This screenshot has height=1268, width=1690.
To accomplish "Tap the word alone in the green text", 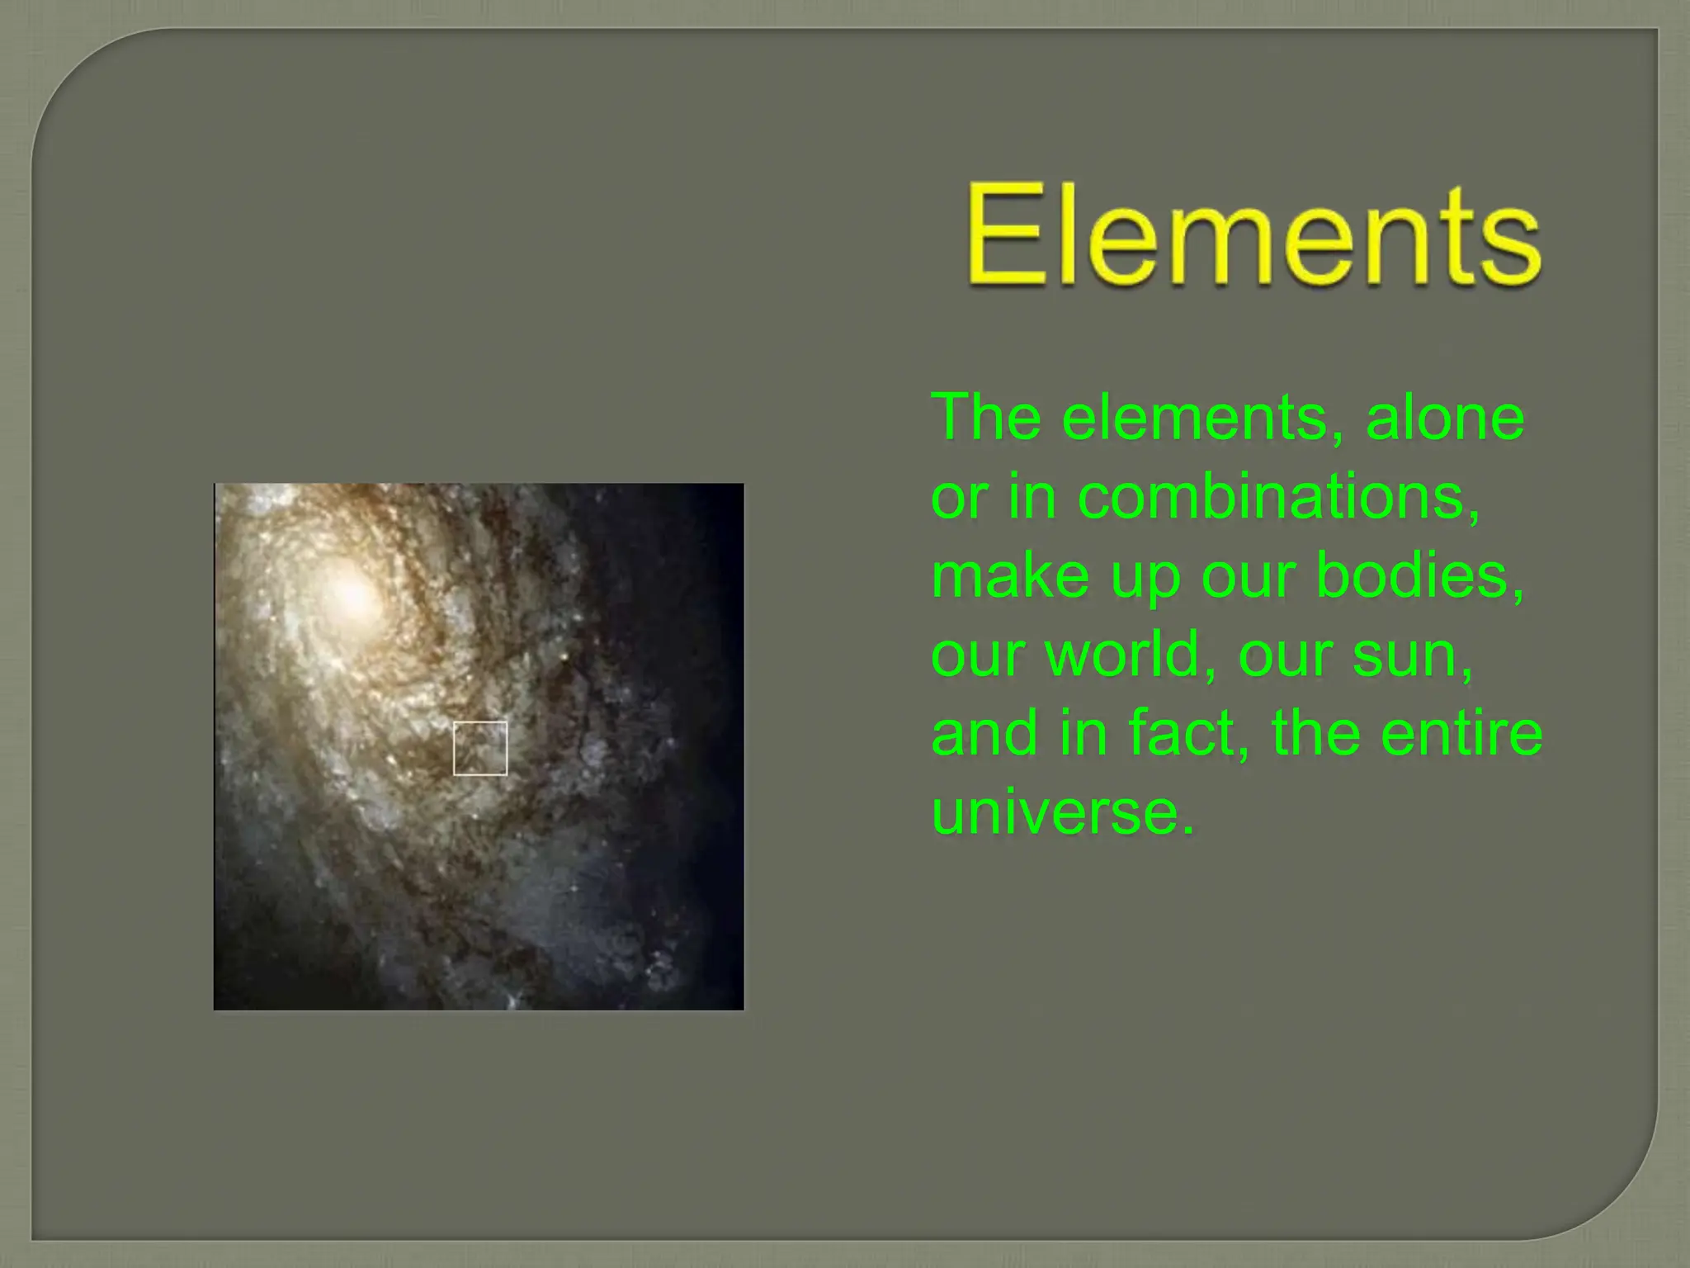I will [x=1445, y=418].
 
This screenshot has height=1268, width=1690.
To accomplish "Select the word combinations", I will [x=1278, y=497].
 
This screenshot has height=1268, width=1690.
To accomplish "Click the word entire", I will [x=1461, y=733].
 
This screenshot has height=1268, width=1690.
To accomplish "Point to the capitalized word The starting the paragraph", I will [x=987, y=418].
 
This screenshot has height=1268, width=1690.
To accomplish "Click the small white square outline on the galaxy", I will [x=480, y=748].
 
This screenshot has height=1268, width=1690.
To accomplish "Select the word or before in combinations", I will [x=958, y=497].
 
